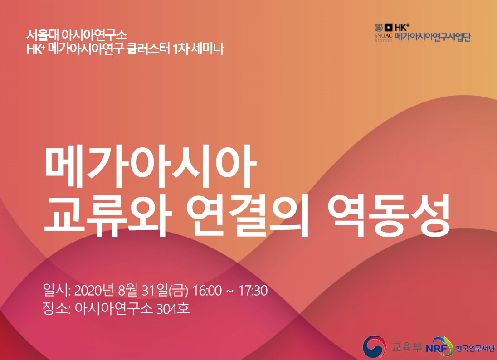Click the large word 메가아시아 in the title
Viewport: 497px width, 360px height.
coord(151,166)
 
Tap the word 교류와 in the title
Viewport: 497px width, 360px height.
coord(107,215)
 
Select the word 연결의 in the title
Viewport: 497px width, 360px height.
coord(247,215)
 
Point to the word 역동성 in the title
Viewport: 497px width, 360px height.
coord(389,215)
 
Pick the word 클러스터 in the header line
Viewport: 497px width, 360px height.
coord(148,49)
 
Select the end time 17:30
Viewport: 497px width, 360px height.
coord(253,291)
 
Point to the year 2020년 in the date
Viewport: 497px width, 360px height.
coord(94,291)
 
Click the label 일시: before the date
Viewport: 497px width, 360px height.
coord(57,290)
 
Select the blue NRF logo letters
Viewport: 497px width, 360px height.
coord(437,348)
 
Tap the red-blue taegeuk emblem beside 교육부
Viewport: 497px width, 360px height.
coord(375,347)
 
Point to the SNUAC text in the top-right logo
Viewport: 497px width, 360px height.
coord(383,36)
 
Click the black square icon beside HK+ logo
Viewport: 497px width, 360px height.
coord(389,28)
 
